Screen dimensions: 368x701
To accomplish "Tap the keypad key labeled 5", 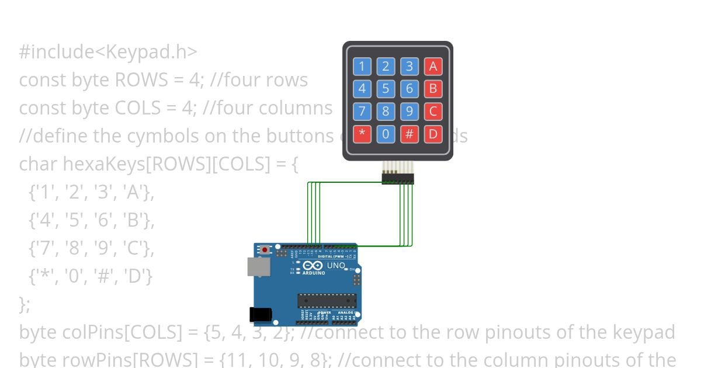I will click(x=386, y=89).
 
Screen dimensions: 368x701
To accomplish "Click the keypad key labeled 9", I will click(x=410, y=111).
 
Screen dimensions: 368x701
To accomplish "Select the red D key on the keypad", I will click(x=433, y=134).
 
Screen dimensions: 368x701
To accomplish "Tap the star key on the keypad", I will click(x=362, y=134).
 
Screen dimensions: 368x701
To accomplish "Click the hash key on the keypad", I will click(x=410, y=134).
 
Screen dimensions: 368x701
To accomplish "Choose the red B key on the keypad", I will click(x=433, y=89).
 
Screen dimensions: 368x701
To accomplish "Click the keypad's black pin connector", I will click(x=398, y=178).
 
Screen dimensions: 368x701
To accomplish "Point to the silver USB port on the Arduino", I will click(x=259, y=267).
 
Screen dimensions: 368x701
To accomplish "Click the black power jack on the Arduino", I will click(x=261, y=315).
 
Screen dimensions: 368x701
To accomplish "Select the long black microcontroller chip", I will click(x=327, y=300).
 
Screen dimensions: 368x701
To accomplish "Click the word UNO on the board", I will click(x=335, y=266).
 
